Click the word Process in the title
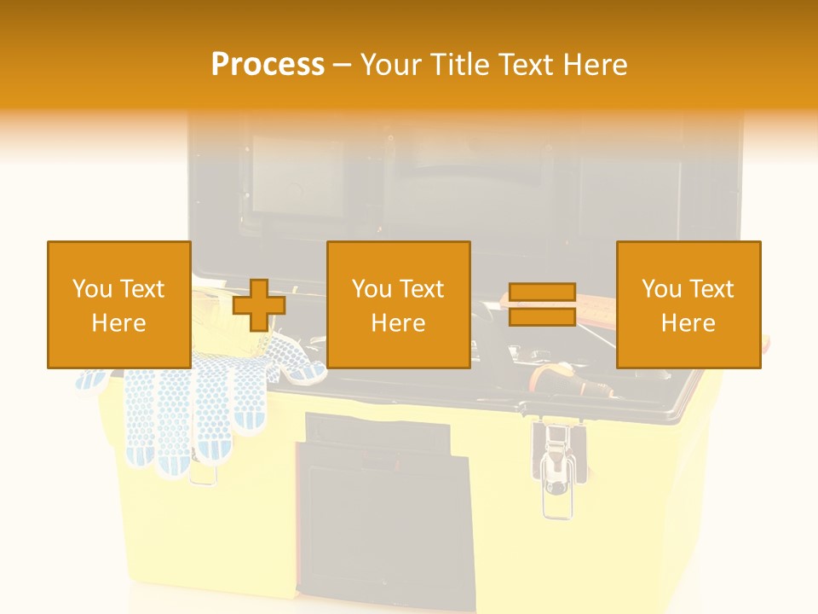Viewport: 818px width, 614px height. point(268,65)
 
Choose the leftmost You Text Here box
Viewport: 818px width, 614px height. point(118,304)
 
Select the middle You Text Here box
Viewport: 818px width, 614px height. point(398,304)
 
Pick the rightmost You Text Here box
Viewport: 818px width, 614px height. point(688,304)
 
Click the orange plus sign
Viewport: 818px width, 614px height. point(259,304)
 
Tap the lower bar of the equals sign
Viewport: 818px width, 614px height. point(543,316)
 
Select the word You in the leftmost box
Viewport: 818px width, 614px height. point(90,289)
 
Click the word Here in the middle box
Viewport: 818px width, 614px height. point(398,322)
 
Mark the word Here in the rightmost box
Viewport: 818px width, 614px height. point(688,322)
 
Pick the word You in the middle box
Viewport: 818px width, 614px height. point(370,289)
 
